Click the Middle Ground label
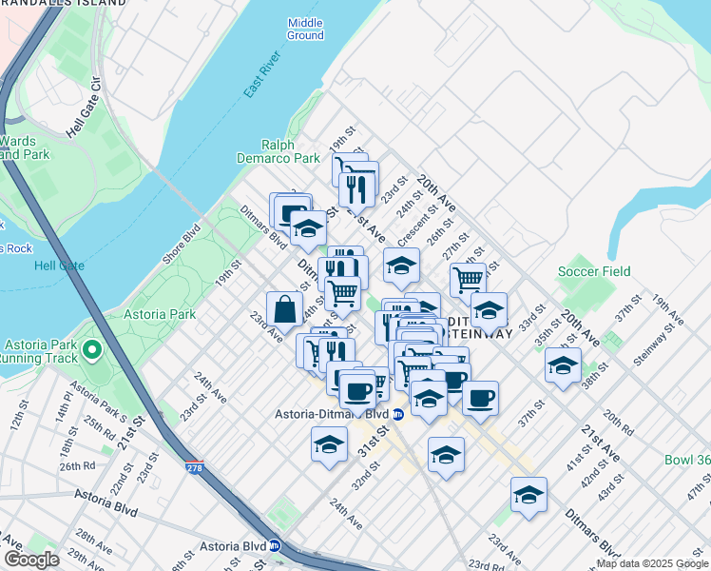(305, 29)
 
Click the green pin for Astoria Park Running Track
(92, 350)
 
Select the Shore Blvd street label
(180, 246)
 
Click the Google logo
(30, 560)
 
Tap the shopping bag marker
(285, 308)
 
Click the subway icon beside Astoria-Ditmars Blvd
(398, 414)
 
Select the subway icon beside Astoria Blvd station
(274, 546)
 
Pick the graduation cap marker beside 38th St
(563, 365)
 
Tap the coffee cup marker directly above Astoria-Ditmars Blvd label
(357, 390)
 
